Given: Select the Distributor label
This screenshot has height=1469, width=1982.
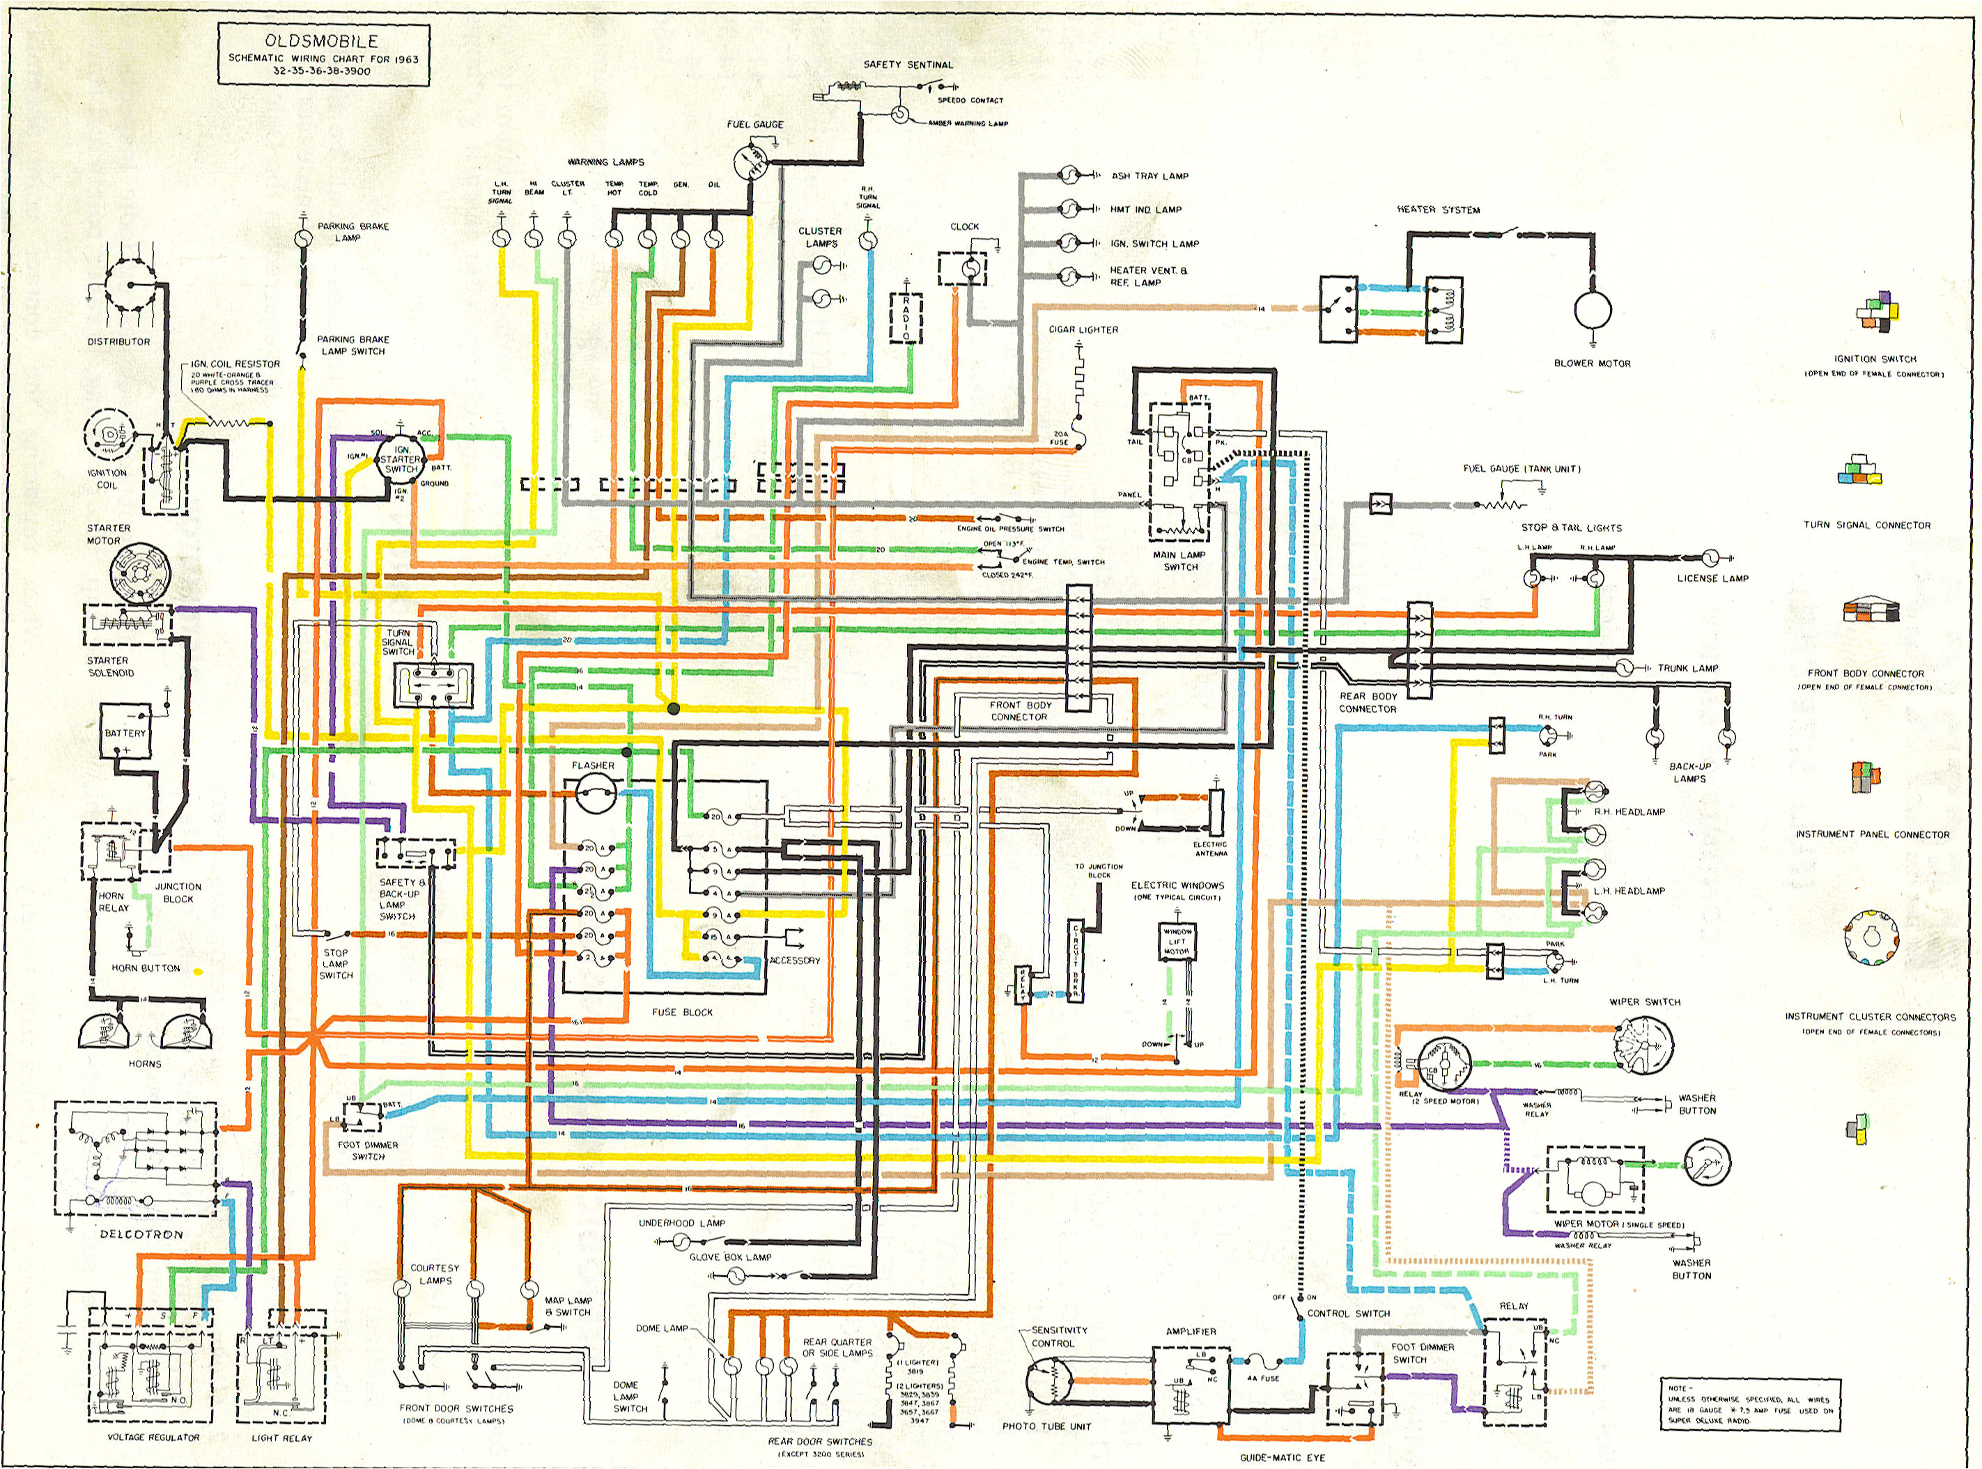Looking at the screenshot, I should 118,341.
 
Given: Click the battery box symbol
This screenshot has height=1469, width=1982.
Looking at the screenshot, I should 125,732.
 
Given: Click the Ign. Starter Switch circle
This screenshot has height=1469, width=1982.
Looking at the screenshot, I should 399,463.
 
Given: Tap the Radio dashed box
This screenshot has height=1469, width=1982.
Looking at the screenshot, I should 906,318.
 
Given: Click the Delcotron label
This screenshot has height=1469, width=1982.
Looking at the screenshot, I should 141,1234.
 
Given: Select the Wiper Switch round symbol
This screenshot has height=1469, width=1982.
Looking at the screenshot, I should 1644,1041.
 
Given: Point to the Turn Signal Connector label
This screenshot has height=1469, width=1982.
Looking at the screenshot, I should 1866,525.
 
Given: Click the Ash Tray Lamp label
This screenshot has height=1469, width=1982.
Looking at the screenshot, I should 1149,176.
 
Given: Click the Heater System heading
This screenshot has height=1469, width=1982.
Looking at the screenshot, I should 1438,210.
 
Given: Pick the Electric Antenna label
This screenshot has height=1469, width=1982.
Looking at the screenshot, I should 1210,848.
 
